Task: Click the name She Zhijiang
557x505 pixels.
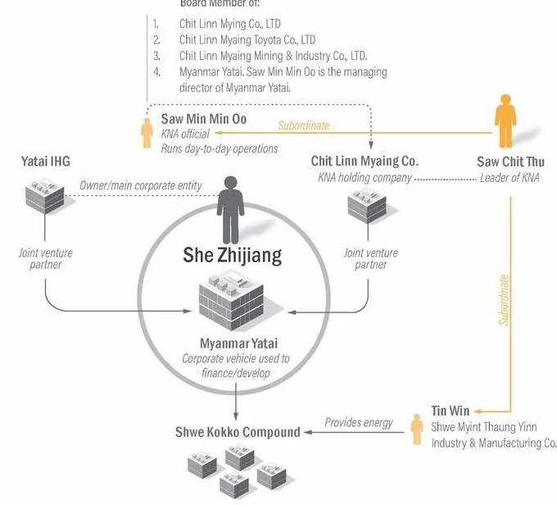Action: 231,255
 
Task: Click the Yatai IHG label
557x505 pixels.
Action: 44,162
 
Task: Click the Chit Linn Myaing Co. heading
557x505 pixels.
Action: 365,162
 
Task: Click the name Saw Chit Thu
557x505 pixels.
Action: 510,162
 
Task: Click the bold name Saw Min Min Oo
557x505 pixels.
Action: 203,119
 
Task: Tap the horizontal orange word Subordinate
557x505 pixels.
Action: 303,125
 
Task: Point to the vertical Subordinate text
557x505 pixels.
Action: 505,300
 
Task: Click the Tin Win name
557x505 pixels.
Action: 450,410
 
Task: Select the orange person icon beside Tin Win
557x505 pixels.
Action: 415,430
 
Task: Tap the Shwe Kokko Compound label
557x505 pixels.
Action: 237,432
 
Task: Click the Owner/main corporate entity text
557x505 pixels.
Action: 140,185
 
